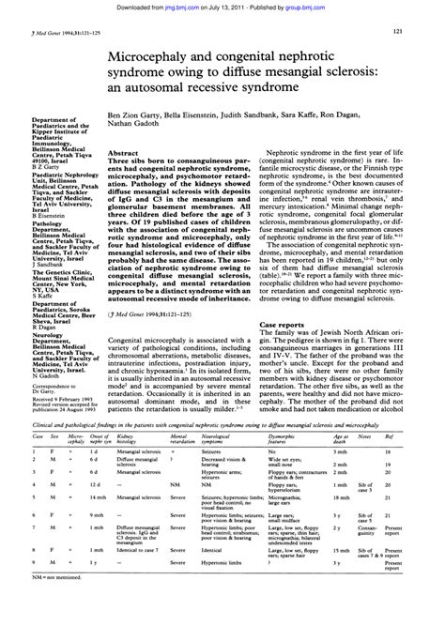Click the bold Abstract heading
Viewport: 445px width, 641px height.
point(125,152)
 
